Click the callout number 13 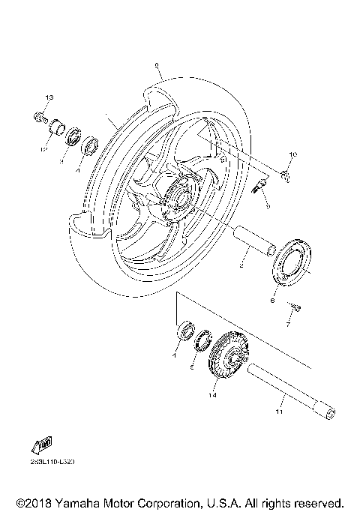coord(49,98)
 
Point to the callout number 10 coord(293,155)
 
